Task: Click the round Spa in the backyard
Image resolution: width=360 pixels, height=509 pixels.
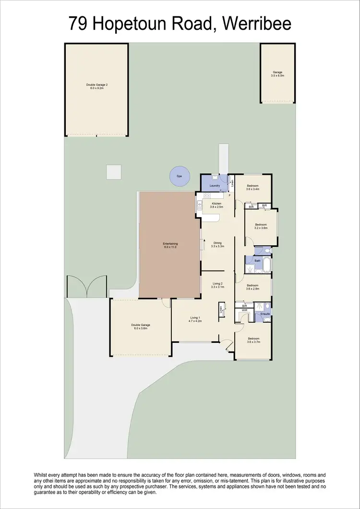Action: point(179,176)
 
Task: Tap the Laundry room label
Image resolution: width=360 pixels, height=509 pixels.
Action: point(215,185)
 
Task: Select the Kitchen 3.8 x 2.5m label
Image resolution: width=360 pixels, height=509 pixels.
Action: point(217,206)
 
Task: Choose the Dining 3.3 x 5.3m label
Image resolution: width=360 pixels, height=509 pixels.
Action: point(217,244)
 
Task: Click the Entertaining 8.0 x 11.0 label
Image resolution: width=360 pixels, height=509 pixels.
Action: point(170,245)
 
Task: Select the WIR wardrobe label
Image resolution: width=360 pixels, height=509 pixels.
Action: point(244,310)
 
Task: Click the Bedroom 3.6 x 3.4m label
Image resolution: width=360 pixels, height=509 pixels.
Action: point(253,187)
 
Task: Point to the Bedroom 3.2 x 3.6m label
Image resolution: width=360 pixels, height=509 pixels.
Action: point(261,226)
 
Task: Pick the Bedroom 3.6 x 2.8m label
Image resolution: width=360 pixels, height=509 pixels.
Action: point(252,287)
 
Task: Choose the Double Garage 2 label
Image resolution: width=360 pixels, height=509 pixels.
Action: point(96,86)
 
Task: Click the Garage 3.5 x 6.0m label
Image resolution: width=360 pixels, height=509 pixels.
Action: point(277,74)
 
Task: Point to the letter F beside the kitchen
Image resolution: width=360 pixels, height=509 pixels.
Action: point(229,195)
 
